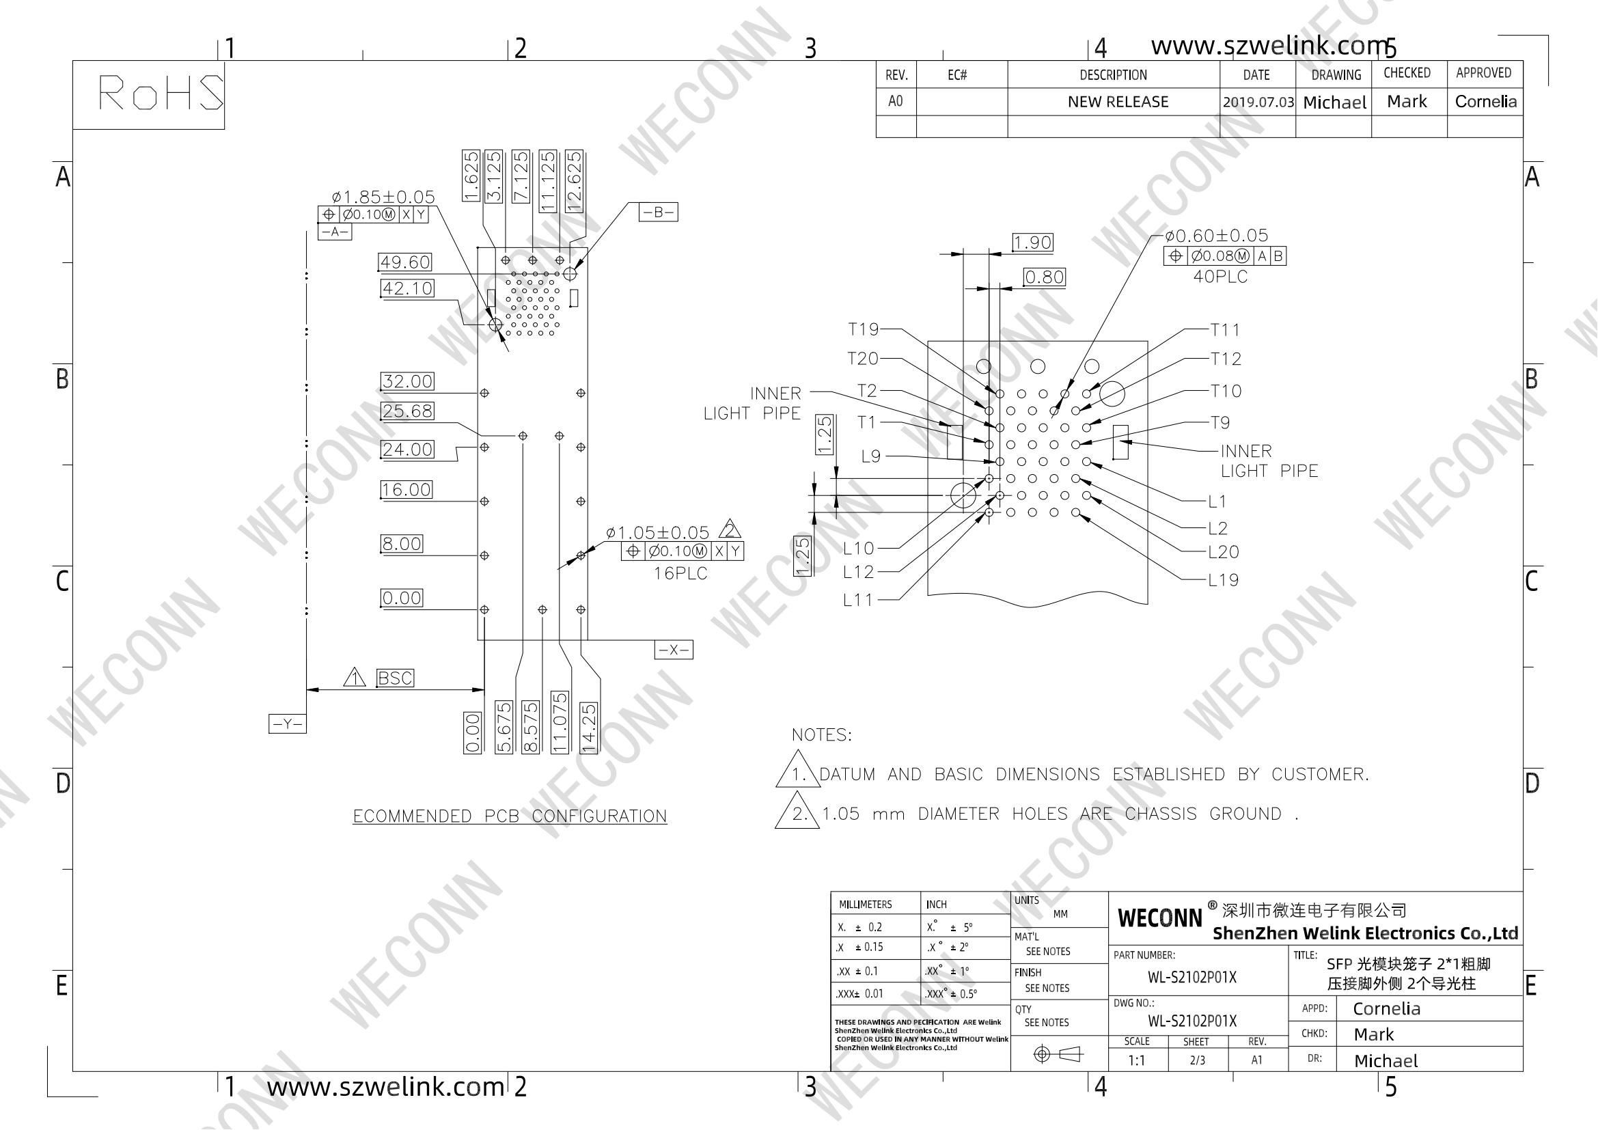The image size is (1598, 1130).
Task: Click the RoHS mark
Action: click(x=161, y=92)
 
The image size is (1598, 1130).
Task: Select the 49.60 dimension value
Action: click(x=405, y=262)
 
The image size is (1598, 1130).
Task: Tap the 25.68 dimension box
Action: click(x=408, y=411)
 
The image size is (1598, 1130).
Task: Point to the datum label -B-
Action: click(x=659, y=212)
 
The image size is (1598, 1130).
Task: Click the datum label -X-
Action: click(x=674, y=650)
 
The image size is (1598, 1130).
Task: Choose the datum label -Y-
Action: click(x=288, y=724)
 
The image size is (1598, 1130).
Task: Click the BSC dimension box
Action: click(x=395, y=678)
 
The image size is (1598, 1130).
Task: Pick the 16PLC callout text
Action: click(x=680, y=574)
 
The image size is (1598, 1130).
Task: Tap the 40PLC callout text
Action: click(x=1221, y=277)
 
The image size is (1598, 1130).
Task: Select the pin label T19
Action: click(x=863, y=329)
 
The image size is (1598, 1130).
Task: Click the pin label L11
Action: click(x=857, y=600)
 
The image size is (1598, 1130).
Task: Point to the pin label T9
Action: click(x=1220, y=423)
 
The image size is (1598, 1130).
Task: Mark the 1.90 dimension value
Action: click(x=1032, y=242)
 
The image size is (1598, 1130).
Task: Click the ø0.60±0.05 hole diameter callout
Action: click(x=1217, y=236)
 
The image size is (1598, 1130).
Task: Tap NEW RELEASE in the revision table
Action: click(x=1118, y=102)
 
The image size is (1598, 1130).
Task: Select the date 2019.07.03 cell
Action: click(x=1258, y=102)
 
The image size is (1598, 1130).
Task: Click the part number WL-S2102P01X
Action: click(x=1192, y=978)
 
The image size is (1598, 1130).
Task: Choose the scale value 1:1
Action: click(x=1137, y=1060)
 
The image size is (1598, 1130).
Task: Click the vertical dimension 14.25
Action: click(x=589, y=727)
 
